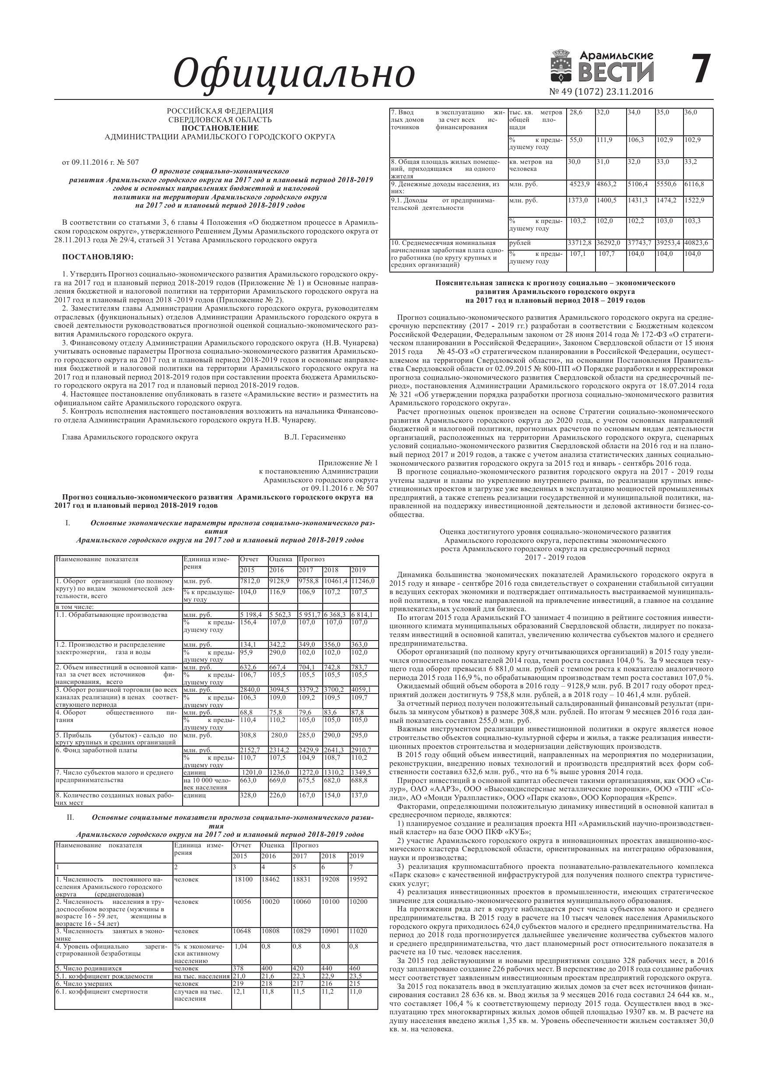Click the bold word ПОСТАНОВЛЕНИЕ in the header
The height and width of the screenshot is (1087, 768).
pyautogui.click(x=220, y=128)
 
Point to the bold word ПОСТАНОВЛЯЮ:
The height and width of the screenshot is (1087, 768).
pyautogui.click(x=98, y=257)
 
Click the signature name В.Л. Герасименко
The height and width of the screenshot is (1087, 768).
pyautogui.click(x=315, y=437)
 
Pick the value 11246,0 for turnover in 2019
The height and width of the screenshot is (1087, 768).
pyautogui.click(x=363, y=581)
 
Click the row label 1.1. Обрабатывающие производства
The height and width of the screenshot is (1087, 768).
pyautogui.click(x=111, y=615)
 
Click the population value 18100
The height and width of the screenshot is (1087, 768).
pyautogui.click(x=244, y=879)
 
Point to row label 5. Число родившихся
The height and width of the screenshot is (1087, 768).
pyautogui.click(x=88, y=968)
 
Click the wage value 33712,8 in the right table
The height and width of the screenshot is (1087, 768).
pyautogui.click(x=580, y=243)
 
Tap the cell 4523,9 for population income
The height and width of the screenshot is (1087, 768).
pyautogui.click(x=580, y=184)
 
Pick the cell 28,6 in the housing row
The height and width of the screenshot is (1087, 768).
pyautogui.click(x=576, y=113)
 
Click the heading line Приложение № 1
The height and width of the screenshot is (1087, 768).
pyautogui.click(x=348, y=463)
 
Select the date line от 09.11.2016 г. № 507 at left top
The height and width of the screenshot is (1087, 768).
pyautogui.click(x=101, y=163)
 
